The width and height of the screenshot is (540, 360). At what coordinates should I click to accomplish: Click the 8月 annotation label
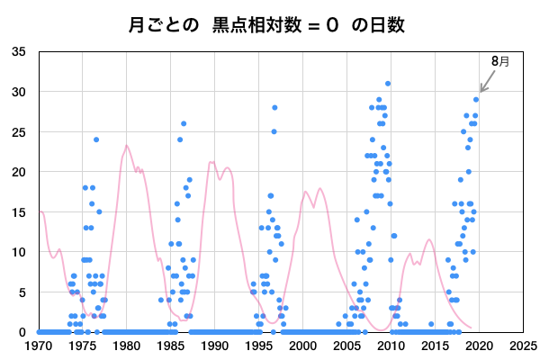click(x=499, y=61)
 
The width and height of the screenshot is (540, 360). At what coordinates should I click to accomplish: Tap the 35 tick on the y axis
click(x=19, y=52)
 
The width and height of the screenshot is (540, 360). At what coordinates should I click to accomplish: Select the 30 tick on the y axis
click(x=19, y=92)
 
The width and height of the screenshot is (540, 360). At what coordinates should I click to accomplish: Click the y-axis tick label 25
click(x=19, y=131)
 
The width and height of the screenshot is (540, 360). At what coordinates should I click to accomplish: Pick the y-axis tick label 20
click(x=19, y=172)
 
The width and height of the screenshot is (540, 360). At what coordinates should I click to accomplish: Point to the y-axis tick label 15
click(x=19, y=211)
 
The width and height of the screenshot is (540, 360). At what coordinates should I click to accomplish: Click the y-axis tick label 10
click(x=19, y=252)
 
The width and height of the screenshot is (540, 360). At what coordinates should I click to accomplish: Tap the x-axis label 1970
click(x=39, y=345)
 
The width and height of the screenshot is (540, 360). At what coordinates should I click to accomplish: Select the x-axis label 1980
click(x=127, y=345)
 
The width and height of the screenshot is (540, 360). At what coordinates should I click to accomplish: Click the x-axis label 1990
click(x=215, y=345)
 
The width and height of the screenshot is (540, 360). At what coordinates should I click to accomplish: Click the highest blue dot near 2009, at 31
click(x=388, y=84)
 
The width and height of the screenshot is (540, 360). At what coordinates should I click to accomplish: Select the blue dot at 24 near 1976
click(x=96, y=139)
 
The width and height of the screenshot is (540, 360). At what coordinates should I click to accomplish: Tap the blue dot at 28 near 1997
click(x=274, y=108)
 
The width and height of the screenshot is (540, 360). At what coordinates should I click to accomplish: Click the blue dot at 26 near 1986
click(x=184, y=124)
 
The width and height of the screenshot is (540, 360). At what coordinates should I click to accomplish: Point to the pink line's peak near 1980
click(x=127, y=146)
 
